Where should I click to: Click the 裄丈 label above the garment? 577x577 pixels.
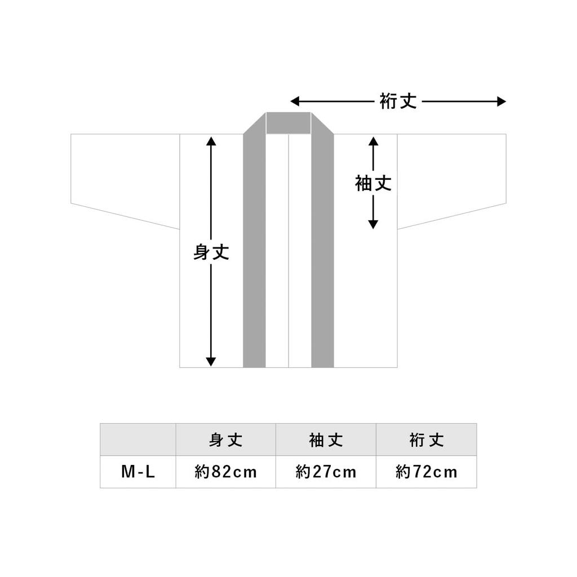point(398,101)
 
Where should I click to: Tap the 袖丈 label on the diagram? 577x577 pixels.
point(373,183)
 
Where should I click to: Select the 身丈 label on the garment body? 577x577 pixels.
point(211,252)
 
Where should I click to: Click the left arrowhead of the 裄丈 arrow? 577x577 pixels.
point(295,101)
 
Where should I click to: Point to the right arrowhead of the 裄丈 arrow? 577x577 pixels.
point(501,101)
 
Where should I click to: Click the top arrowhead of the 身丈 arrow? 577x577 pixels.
point(211,141)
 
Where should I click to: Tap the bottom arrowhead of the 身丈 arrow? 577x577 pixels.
point(211,362)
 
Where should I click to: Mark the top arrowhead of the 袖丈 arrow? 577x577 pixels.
point(373,141)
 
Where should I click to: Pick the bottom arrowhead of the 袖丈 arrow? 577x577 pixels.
point(373,224)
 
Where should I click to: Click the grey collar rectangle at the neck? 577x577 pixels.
point(288,123)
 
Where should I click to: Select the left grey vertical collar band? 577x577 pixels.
point(254,250)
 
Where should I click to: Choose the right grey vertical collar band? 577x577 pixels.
point(323,250)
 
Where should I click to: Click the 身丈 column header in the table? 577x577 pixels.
point(225,440)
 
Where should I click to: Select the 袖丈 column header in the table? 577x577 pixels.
point(326,440)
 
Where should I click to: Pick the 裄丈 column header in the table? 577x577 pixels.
point(427,440)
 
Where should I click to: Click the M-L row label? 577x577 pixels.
point(138,472)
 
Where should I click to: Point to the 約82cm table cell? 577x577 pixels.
point(225,472)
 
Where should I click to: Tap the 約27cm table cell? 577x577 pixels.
point(326,472)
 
